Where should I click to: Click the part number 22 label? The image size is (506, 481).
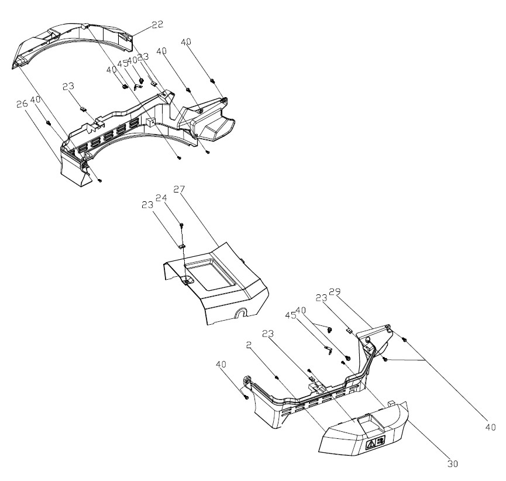pos(156,24)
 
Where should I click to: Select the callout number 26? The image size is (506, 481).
pos(22,104)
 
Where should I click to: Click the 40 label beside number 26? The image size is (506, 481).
pos(36,99)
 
